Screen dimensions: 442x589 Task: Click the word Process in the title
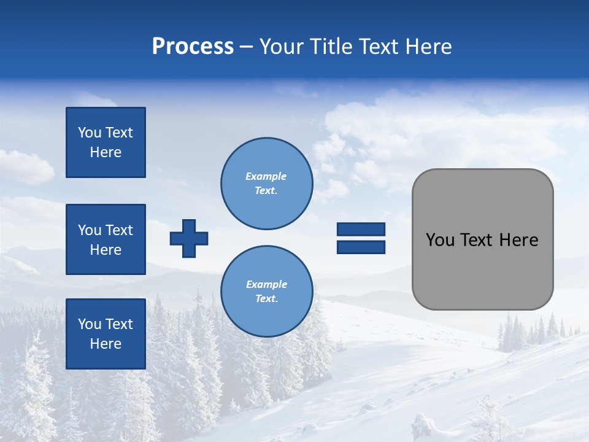193,47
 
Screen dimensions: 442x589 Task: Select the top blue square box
106,142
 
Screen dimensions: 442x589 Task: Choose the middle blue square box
106,239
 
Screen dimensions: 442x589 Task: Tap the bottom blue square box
106,334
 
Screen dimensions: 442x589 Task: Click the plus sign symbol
189,238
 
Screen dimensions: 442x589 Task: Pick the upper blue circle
267,184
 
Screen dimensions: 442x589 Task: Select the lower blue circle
267,292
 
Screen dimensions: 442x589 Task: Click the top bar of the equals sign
361,230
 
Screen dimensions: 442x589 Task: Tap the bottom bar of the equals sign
361,247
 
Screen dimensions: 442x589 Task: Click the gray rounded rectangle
482,270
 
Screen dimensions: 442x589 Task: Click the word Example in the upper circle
266,176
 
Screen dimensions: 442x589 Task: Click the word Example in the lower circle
266,284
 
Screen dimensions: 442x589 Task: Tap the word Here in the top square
106,152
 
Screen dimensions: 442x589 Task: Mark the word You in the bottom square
90,324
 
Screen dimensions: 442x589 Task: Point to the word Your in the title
281,47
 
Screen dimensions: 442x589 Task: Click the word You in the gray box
440,240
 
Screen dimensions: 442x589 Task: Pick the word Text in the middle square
118,230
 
